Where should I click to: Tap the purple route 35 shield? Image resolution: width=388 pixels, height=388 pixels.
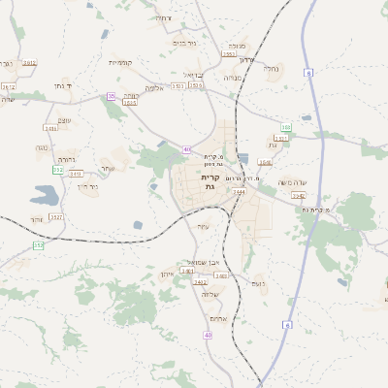click(112, 96)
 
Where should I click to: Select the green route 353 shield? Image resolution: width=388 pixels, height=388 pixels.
click(285, 127)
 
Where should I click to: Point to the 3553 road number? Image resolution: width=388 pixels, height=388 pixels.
click(242, 54)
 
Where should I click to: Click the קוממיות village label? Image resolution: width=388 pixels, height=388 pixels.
click(121, 63)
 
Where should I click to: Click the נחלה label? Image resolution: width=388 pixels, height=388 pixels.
click(272, 69)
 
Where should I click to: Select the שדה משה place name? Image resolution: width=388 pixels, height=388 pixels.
click(292, 181)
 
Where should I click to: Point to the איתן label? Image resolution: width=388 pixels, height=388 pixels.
click(166, 275)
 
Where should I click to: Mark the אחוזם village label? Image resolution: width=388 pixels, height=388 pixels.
click(217, 319)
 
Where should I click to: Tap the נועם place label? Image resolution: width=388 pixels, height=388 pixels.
click(257, 284)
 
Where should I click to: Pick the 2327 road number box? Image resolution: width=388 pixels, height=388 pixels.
click(55, 217)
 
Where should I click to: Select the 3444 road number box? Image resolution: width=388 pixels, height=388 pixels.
click(239, 192)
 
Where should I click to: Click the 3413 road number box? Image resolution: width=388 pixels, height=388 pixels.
click(76, 174)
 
